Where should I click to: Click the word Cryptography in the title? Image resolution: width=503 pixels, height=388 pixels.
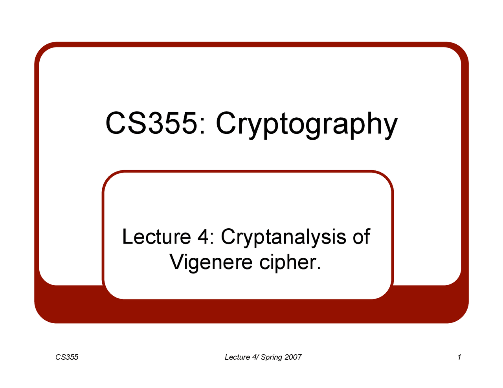pos(307,124)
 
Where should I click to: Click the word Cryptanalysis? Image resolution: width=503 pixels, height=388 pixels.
pos(283,238)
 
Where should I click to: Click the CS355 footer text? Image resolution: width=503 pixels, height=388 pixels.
pos(67,357)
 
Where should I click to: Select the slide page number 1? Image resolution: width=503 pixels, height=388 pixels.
pos(459,357)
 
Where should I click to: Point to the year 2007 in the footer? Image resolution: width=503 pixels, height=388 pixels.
pos(293,357)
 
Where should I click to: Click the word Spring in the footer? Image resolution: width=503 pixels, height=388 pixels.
pos(272,357)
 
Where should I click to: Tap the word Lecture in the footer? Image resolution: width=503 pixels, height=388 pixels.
pos(237,357)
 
